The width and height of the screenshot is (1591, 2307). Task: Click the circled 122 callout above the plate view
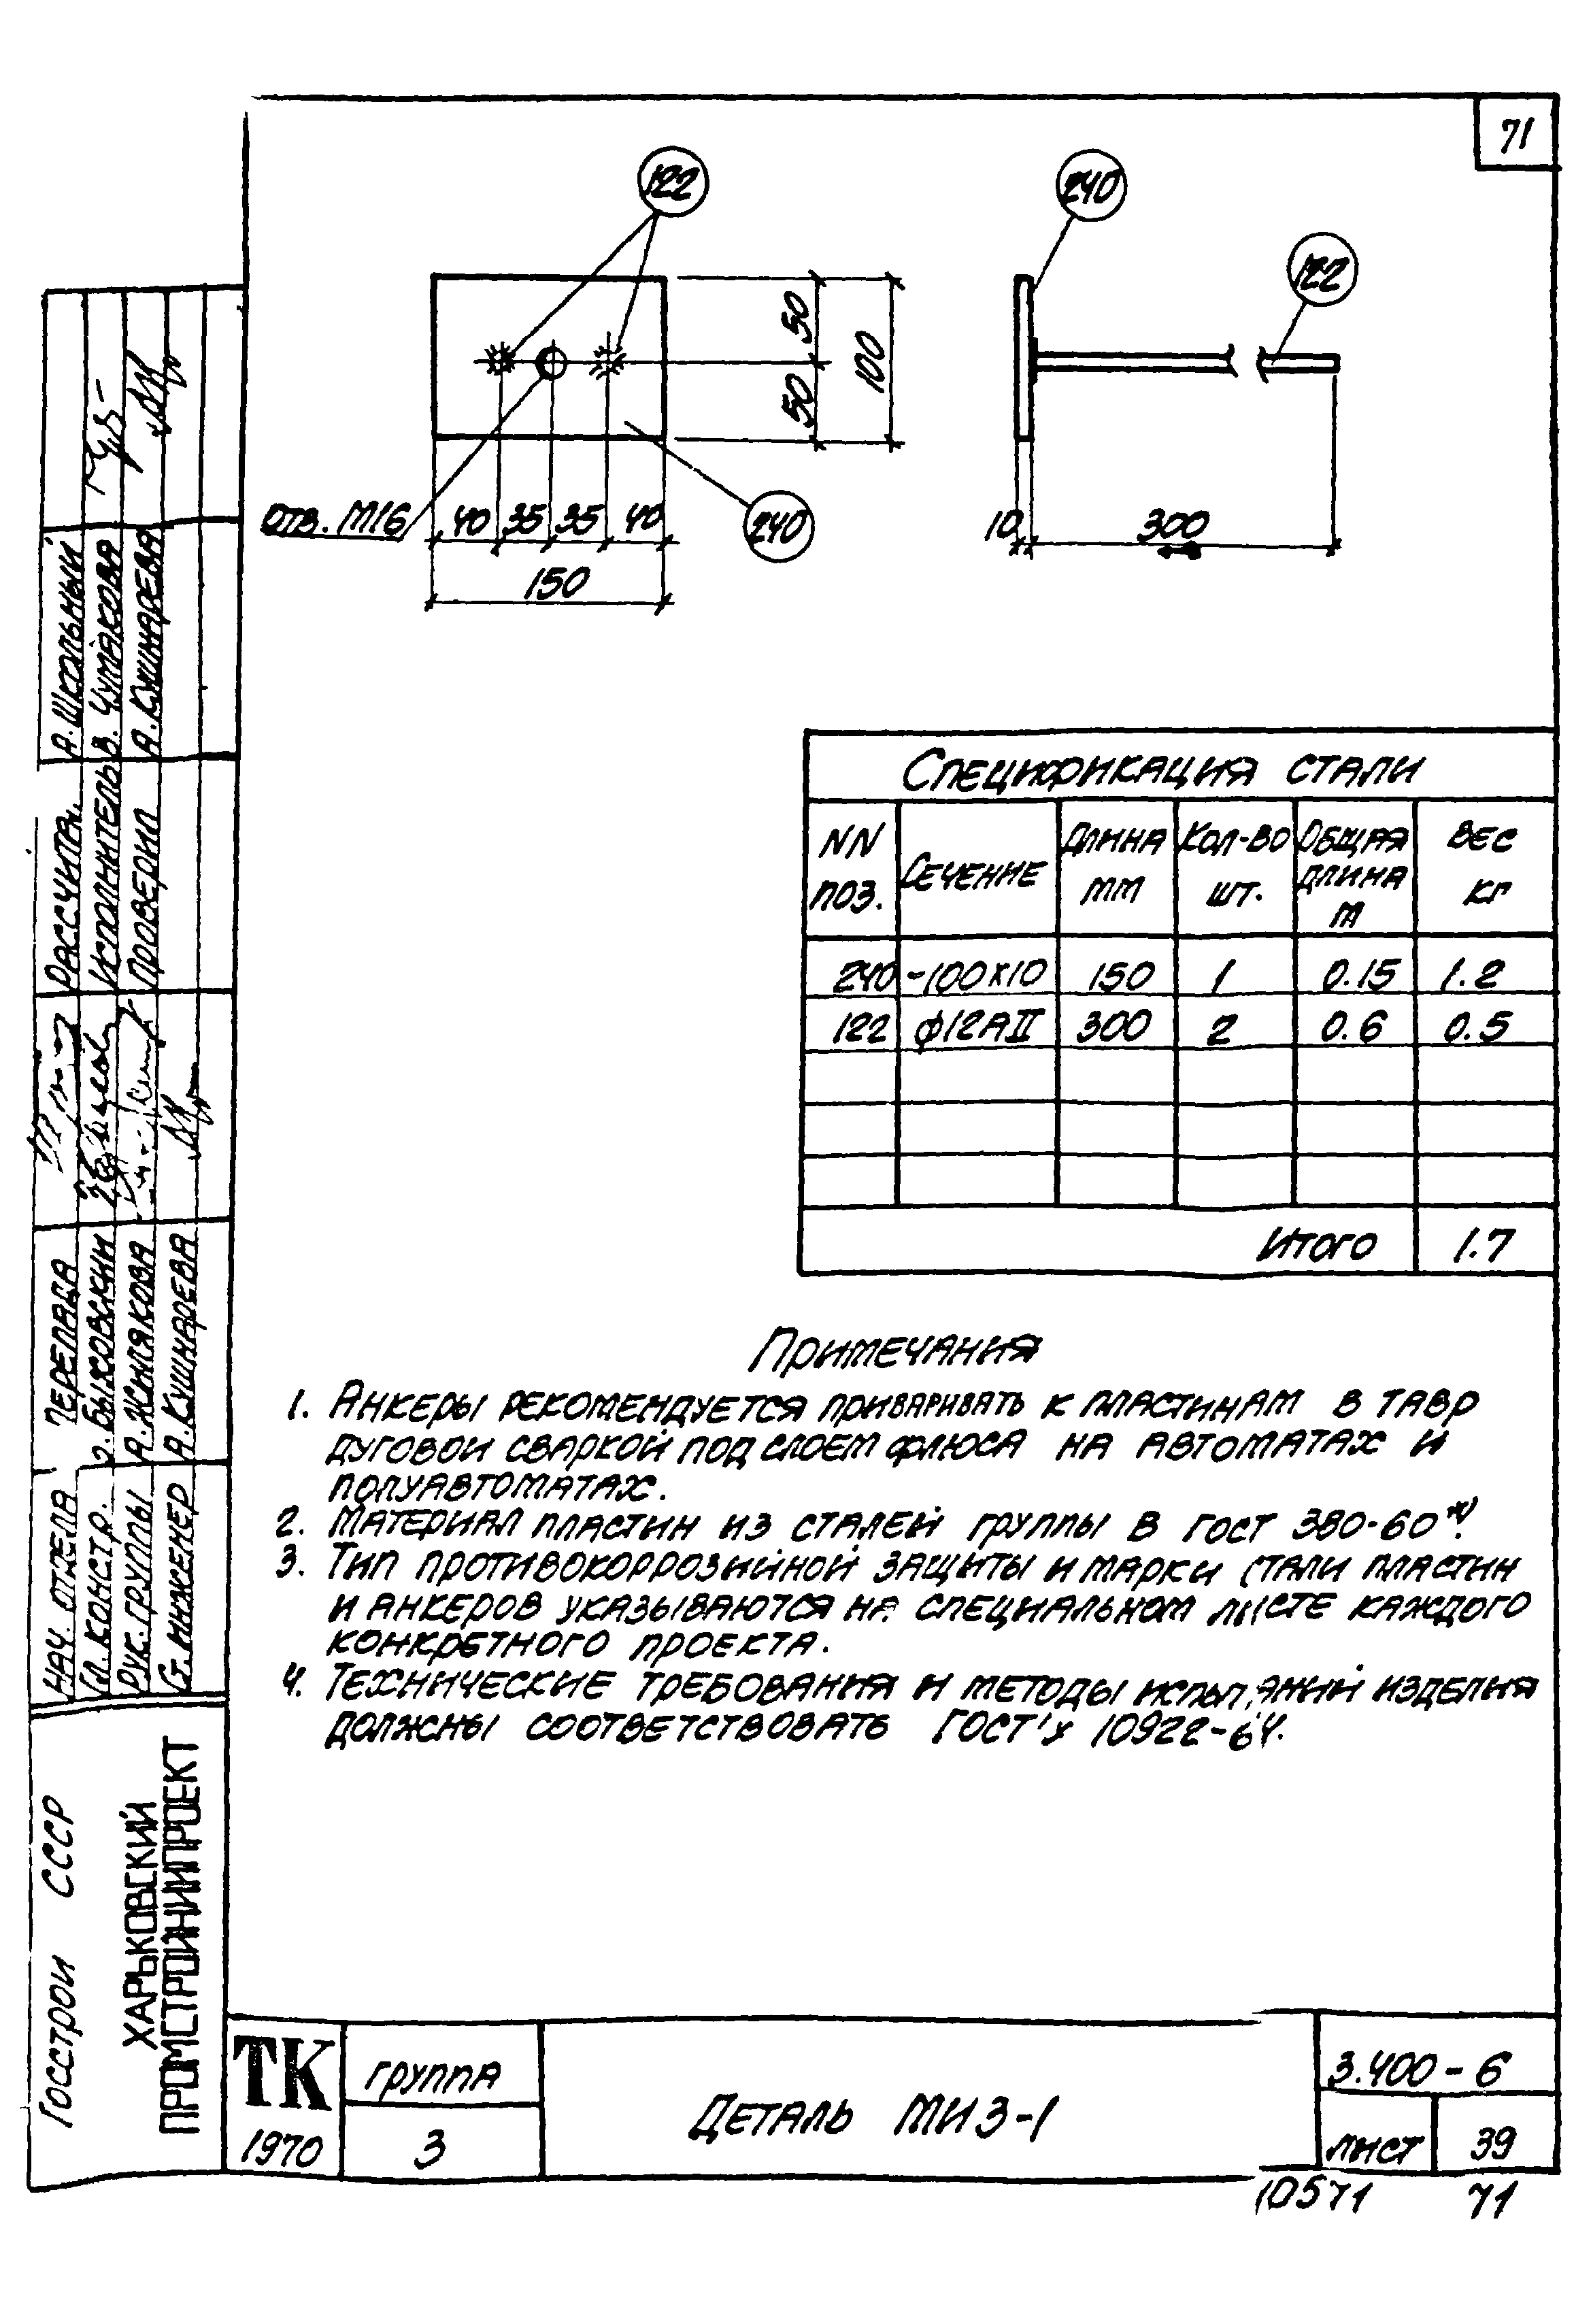pos(672,182)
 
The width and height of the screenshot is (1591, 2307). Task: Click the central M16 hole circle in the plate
pos(551,362)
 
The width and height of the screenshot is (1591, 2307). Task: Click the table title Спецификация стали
pos(1161,771)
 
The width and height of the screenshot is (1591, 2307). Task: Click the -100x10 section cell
pos(976,972)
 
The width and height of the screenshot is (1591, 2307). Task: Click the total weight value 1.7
pos(1481,1244)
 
